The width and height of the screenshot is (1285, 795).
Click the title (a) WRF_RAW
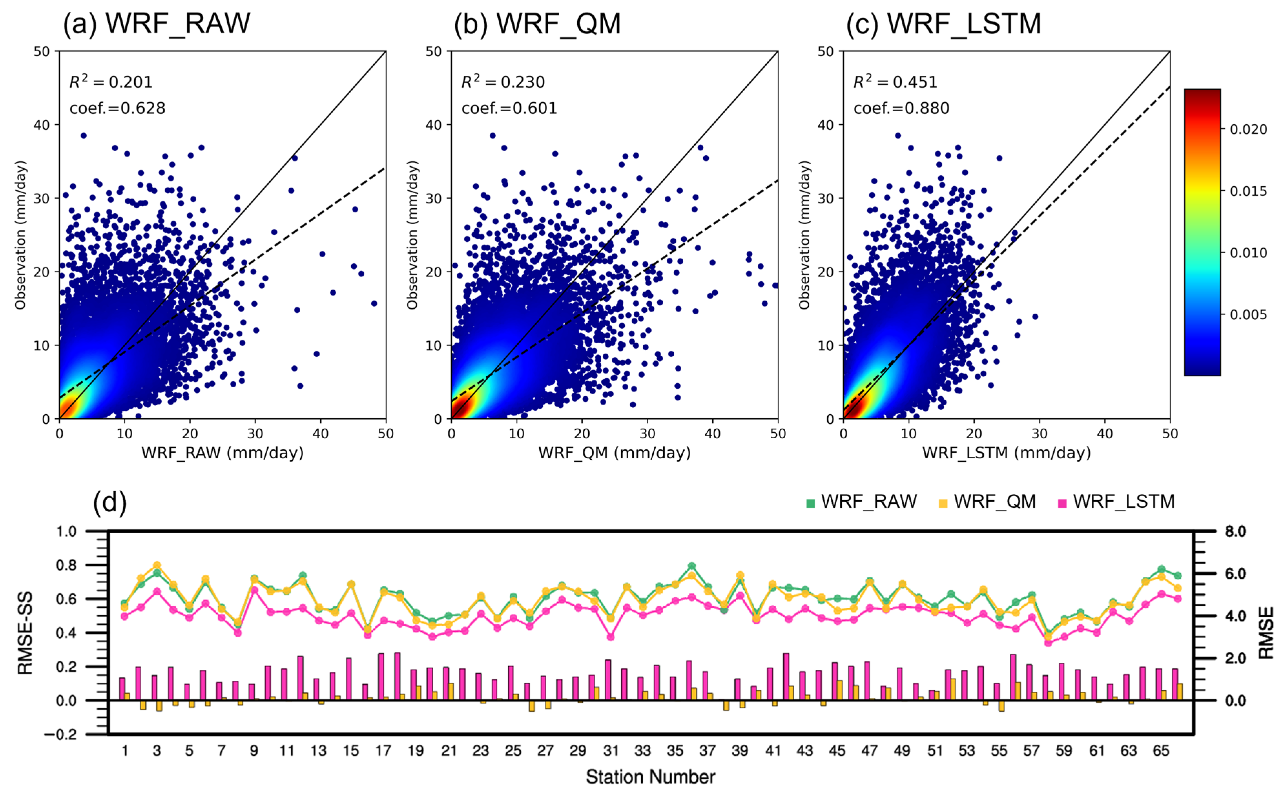pyautogui.click(x=156, y=24)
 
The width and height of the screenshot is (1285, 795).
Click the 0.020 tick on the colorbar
pyautogui.click(x=1248, y=129)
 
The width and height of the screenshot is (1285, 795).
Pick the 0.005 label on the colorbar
pyautogui.click(x=1248, y=315)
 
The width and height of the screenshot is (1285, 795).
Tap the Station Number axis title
pyautogui.click(x=650, y=777)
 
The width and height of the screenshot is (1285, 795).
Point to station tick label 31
pyautogui.click(x=610, y=750)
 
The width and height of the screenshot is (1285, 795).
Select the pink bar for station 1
pyautogui.click(x=122, y=689)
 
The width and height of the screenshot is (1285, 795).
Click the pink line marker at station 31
pyautogui.click(x=611, y=637)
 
